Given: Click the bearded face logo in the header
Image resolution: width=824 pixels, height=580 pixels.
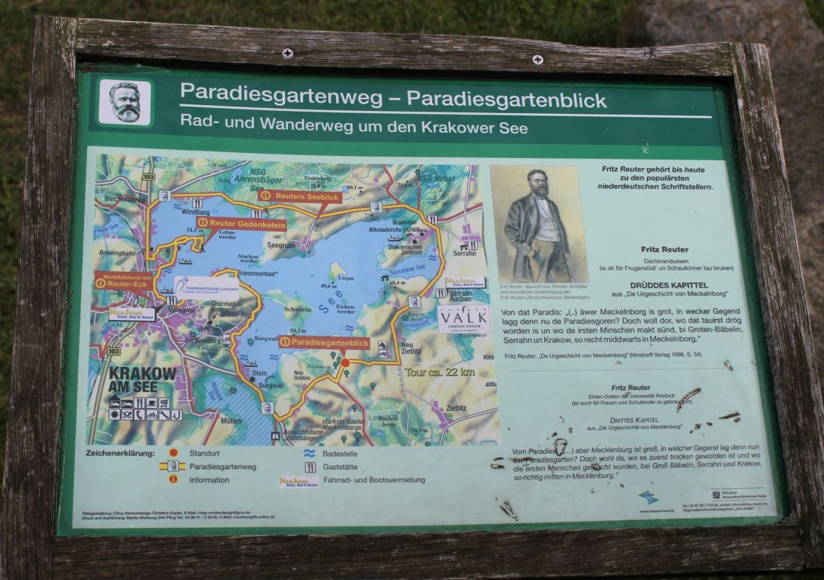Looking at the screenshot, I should (125, 102).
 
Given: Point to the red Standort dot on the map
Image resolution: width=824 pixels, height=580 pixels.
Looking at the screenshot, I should (345, 362).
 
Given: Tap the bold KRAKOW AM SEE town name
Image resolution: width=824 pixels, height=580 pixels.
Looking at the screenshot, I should (142, 379).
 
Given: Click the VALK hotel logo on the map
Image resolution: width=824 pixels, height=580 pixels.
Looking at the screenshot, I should (463, 318).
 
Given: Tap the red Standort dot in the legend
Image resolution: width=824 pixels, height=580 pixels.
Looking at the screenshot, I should (173, 453).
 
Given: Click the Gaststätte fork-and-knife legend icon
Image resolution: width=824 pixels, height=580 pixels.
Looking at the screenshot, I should (310, 467).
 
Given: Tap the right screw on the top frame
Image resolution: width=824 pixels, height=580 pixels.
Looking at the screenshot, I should (537, 59).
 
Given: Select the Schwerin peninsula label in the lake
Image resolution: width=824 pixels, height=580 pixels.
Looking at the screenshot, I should (298, 309).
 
